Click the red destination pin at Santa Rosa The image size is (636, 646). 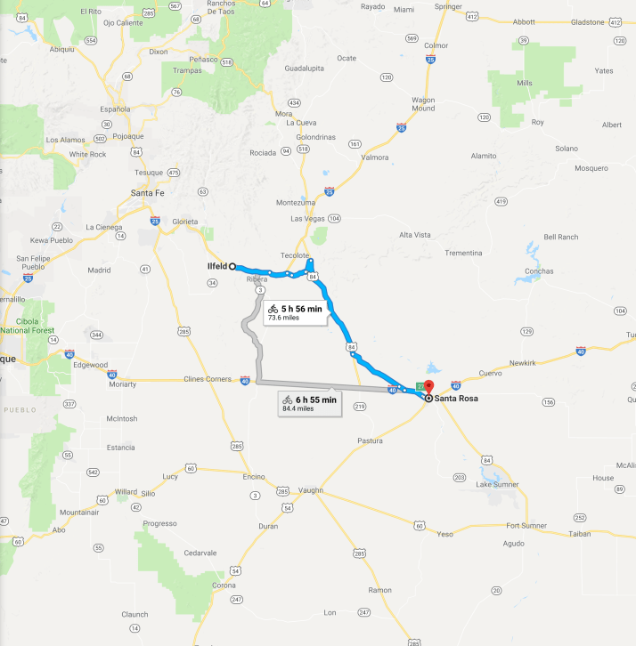click(x=428, y=387)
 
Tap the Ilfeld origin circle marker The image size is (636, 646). click(x=232, y=266)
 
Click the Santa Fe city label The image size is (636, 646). click(x=148, y=192)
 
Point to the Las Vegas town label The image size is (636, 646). click(x=308, y=218)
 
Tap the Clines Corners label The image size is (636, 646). click(x=208, y=380)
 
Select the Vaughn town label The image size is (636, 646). click(x=311, y=490)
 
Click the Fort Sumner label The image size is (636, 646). click(x=526, y=525)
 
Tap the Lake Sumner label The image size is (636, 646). click(x=495, y=484)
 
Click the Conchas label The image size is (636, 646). click(x=539, y=271)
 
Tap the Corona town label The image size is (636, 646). click(x=224, y=585)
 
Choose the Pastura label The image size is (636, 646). click(x=369, y=440)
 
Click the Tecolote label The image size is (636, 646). click(x=295, y=255)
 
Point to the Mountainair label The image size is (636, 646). click(x=80, y=513)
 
